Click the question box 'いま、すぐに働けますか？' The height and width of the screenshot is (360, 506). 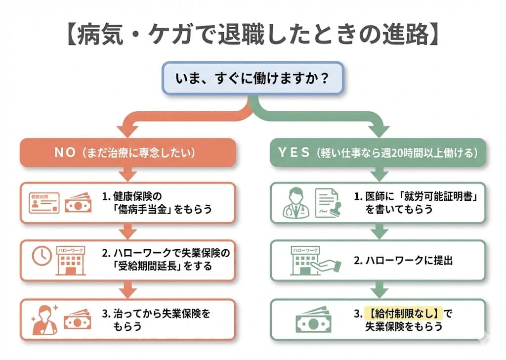[253, 78]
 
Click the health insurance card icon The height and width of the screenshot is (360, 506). [44, 202]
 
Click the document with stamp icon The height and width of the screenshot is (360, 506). [327, 203]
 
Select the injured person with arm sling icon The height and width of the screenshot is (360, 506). [43, 319]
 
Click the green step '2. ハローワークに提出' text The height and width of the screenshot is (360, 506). [403, 261]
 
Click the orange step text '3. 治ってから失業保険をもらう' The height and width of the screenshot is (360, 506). [157, 319]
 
